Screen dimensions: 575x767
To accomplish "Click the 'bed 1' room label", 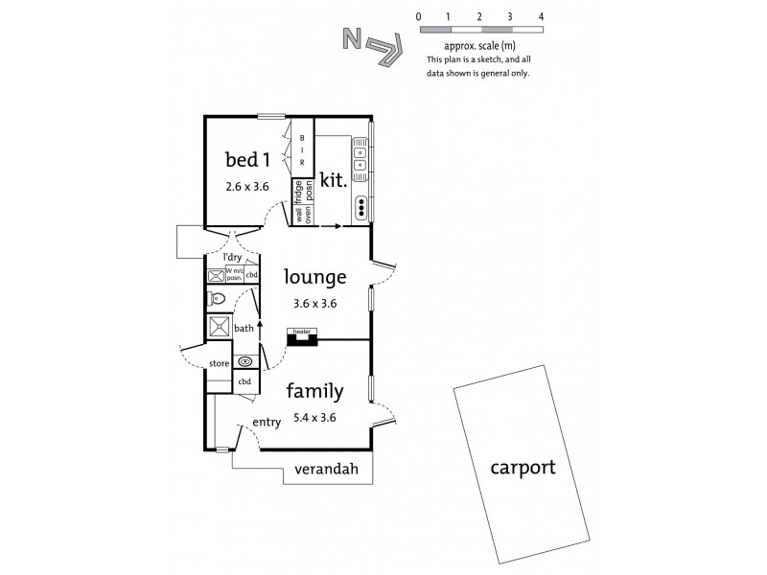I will pos(245,158).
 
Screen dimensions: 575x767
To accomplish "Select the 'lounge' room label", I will pos(315,278).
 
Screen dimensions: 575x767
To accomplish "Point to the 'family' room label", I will pos(314,391).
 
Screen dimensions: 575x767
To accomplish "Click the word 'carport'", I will pos(523,468).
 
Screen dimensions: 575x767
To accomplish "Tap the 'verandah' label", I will pos(325,470).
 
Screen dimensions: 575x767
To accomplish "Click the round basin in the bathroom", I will pos(245,361).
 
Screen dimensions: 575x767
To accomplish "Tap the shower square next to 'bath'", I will pos(220,327).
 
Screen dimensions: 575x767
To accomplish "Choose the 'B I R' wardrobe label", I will pos(303,150).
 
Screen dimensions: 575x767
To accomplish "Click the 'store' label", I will pos(220,363).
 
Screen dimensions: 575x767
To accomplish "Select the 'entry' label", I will pos(266,423).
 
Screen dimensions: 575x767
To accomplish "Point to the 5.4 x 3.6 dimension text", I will pos(314,417).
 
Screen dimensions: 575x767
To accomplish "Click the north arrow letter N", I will pos(352,39).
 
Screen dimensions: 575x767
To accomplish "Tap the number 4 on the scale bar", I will pos(542,16).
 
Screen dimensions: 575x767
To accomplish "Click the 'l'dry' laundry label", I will pos(231,259).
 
